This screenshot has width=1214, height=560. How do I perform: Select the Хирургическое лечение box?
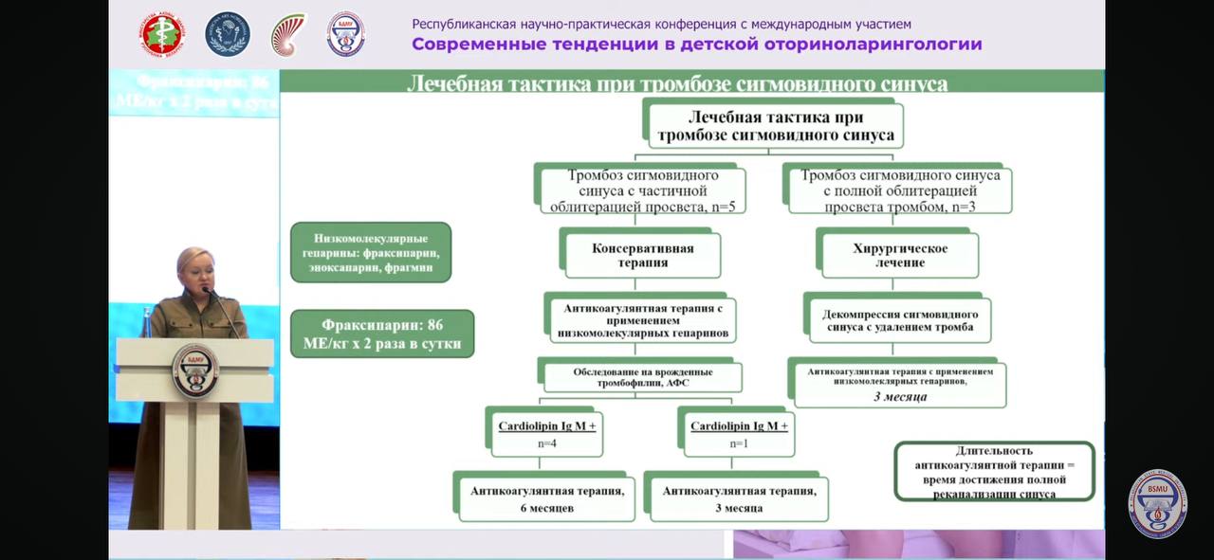point(898,255)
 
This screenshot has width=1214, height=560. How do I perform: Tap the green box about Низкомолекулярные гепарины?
point(371,252)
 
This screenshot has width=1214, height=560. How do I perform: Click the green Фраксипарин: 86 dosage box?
point(382,334)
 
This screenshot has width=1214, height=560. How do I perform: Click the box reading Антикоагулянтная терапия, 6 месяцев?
point(546,498)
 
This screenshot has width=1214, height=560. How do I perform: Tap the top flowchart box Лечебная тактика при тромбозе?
point(774,125)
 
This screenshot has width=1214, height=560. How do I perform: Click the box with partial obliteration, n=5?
point(642,190)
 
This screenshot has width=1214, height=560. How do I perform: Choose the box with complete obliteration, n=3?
point(899,190)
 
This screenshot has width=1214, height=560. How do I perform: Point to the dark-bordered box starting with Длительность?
point(995,472)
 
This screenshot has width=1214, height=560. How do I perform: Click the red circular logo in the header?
point(163,34)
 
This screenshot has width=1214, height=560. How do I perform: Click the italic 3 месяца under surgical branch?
point(899,397)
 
